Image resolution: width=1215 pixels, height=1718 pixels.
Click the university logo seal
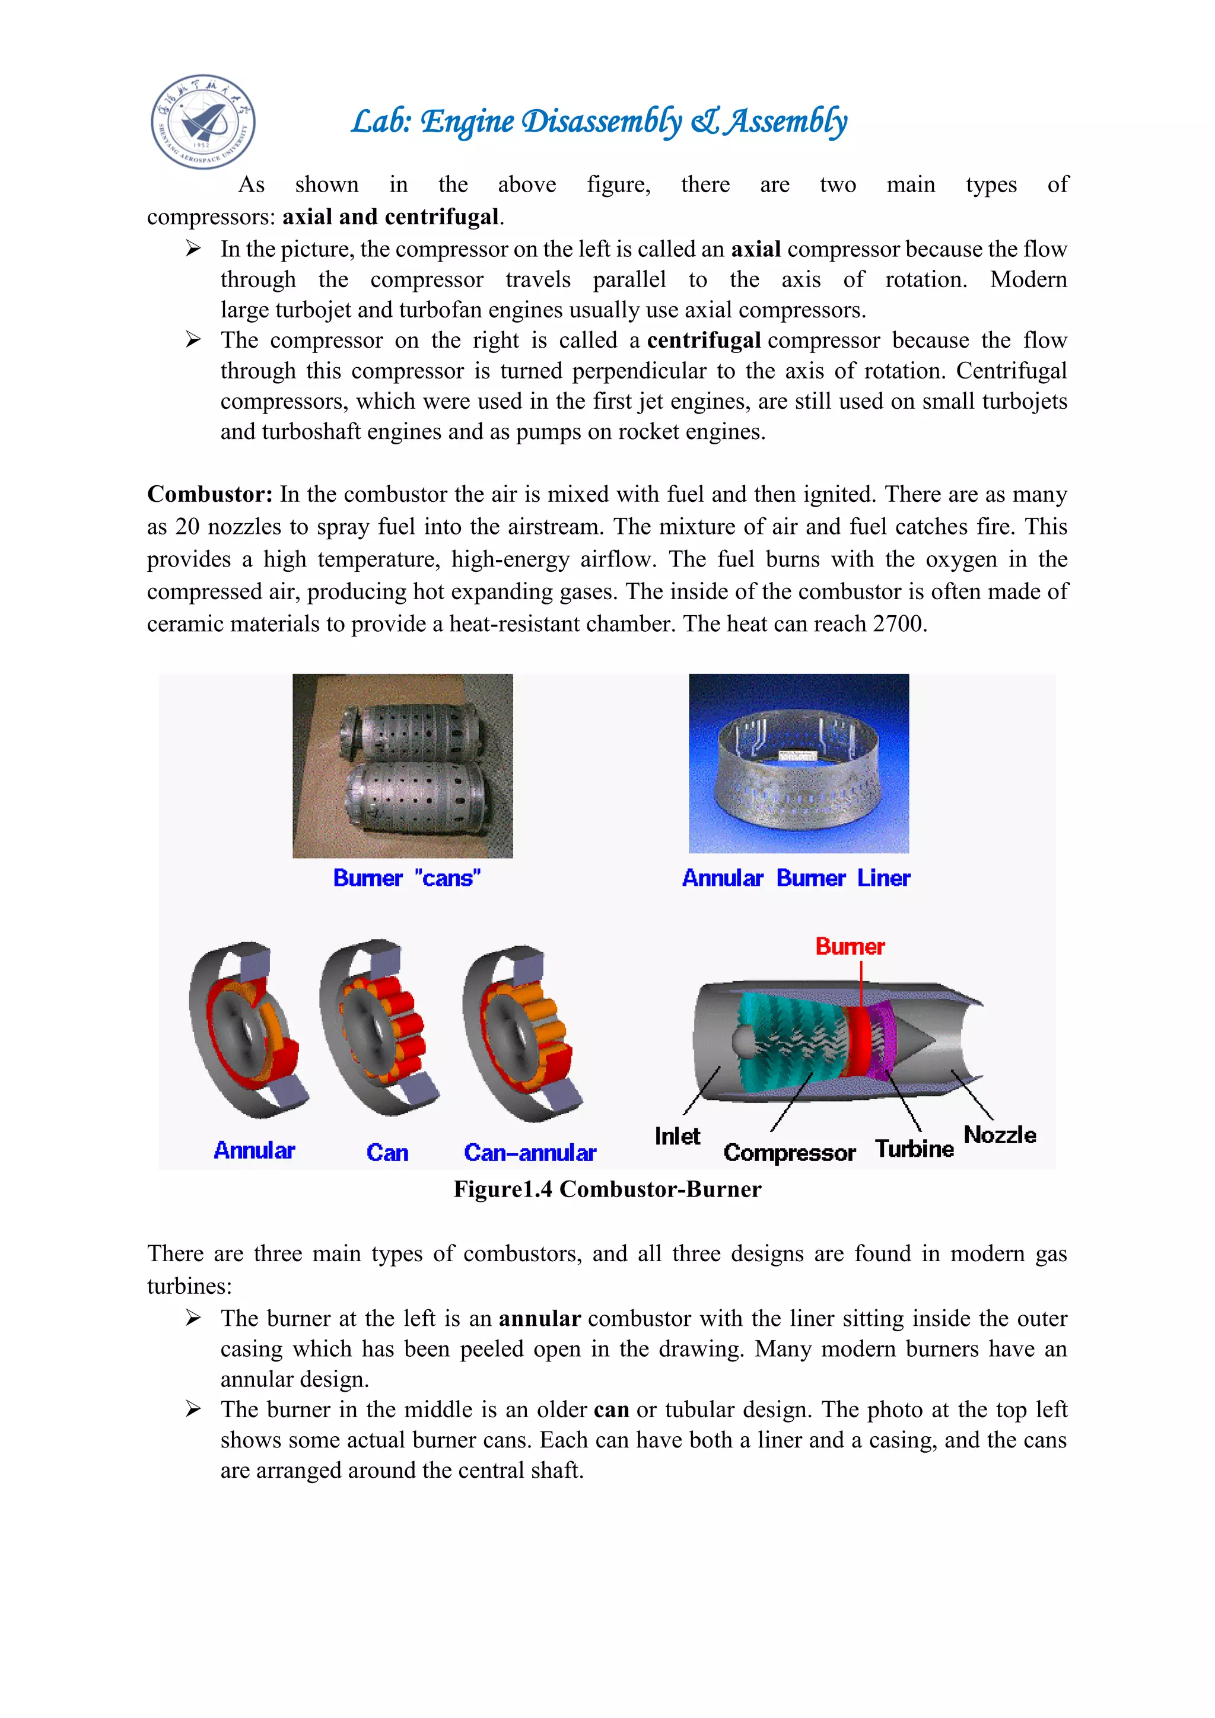(x=203, y=121)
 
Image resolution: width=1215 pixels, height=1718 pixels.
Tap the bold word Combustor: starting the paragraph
(x=209, y=495)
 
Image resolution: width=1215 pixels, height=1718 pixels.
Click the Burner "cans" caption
(x=406, y=878)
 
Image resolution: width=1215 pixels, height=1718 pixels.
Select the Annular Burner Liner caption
(x=796, y=878)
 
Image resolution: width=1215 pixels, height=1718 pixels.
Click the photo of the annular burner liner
(x=799, y=764)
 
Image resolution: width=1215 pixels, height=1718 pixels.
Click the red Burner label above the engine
(x=850, y=947)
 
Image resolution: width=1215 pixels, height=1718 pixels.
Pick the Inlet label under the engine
(x=677, y=1137)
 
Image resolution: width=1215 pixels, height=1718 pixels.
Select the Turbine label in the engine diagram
(x=914, y=1148)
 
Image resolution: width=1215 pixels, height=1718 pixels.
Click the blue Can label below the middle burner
(x=387, y=1152)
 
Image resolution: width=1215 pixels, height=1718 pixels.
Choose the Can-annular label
(x=530, y=1152)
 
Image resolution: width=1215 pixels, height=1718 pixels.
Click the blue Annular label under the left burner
(x=255, y=1150)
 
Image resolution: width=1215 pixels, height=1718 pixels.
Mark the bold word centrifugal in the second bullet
(x=704, y=341)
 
